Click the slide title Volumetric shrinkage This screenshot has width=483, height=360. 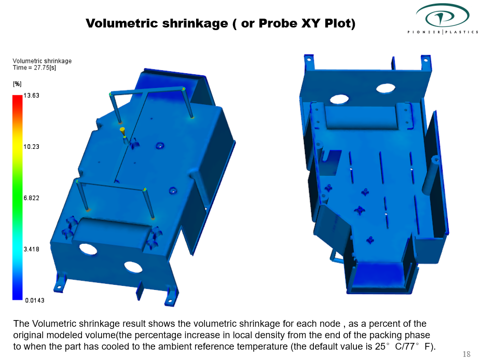(156, 23)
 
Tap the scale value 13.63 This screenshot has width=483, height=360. (32, 96)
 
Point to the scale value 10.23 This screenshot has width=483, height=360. (32, 147)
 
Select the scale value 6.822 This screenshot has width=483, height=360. (32, 198)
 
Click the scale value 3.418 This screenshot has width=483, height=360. (32, 249)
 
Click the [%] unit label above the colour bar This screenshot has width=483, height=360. (17, 84)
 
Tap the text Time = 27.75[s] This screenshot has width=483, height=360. (34, 67)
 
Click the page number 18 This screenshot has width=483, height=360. (466, 354)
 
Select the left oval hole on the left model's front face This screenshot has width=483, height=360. (88, 249)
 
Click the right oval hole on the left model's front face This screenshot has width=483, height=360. (133, 267)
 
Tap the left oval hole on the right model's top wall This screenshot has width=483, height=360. (339, 98)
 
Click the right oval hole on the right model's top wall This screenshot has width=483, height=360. (386, 88)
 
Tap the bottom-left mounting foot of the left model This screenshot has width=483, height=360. (60, 284)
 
